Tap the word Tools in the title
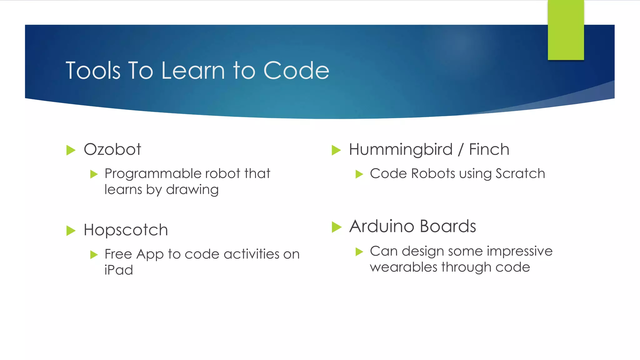pyautogui.click(x=93, y=70)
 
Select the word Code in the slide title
pyautogui.click(x=296, y=70)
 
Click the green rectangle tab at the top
pyautogui.click(x=566, y=30)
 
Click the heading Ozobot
pyautogui.click(x=112, y=149)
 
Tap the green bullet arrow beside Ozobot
pyautogui.click(x=71, y=150)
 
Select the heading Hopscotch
pyautogui.click(x=126, y=230)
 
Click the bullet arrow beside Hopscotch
pyautogui.click(x=71, y=231)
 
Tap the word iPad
pyautogui.click(x=119, y=270)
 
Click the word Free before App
pyautogui.click(x=118, y=254)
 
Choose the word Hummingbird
pyautogui.click(x=401, y=150)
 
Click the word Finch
pyautogui.click(x=489, y=149)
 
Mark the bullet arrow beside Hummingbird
pyautogui.click(x=336, y=150)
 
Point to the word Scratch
pyautogui.click(x=520, y=173)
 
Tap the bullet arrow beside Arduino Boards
pyautogui.click(x=336, y=227)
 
